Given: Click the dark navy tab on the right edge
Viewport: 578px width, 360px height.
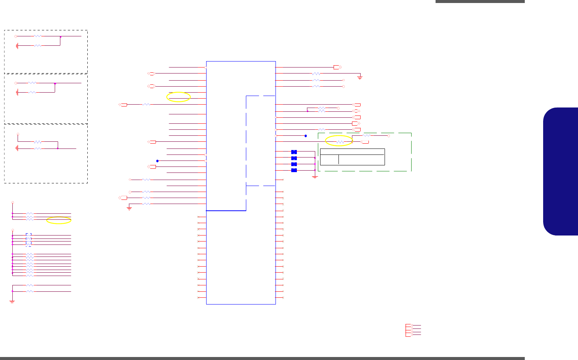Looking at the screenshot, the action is pos(561,171).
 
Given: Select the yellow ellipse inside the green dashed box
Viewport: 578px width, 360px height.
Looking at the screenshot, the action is pos(339,141).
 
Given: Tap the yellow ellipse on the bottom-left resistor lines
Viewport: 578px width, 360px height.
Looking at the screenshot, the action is pos(59,220).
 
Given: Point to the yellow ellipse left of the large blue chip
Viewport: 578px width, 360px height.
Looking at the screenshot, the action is pos(178,97).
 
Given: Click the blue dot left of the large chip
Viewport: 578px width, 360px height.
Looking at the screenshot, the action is pos(157,161).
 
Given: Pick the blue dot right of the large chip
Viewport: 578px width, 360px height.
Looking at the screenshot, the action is pos(305,136).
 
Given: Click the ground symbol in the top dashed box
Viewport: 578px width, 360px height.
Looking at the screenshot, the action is pos(17,46).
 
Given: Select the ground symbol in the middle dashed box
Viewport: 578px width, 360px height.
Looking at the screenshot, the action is pos(17,92).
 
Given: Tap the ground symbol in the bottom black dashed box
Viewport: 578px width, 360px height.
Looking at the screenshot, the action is pos(17,148).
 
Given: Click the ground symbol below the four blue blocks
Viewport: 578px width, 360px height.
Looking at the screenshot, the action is pos(315,177).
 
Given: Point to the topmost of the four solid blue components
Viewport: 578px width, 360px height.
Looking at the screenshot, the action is pos(294,152).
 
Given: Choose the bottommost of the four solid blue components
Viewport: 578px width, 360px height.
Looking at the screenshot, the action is pos(294,170).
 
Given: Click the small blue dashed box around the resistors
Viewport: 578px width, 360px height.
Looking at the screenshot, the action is pos(28,240).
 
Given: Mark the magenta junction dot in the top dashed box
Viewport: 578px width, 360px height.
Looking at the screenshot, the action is pos(60,37).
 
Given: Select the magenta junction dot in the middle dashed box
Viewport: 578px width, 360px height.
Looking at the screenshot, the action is pos(55,83).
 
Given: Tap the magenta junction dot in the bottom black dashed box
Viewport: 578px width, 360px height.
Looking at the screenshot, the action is pos(58,148).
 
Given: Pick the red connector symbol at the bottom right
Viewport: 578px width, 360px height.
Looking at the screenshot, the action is pos(409,330).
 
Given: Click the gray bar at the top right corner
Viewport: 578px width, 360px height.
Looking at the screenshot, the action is pos(480,1).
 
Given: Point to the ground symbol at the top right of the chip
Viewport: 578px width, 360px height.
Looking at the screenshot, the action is pos(360,78).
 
